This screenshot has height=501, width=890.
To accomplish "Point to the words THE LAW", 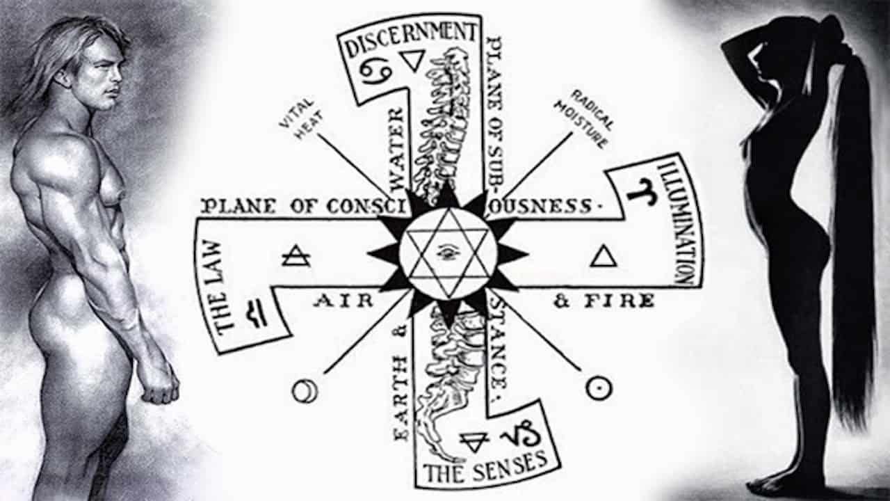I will click(217, 287).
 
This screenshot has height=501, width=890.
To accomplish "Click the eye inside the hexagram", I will click(448, 253).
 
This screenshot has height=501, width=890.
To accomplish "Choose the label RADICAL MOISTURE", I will click(583, 118).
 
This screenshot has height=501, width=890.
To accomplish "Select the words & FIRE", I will click(604, 301).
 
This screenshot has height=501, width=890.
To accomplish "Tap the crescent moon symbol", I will click(304, 392).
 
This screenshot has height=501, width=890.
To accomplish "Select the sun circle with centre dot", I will click(599, 388).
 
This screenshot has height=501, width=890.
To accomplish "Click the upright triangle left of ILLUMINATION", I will click(603, 257).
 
